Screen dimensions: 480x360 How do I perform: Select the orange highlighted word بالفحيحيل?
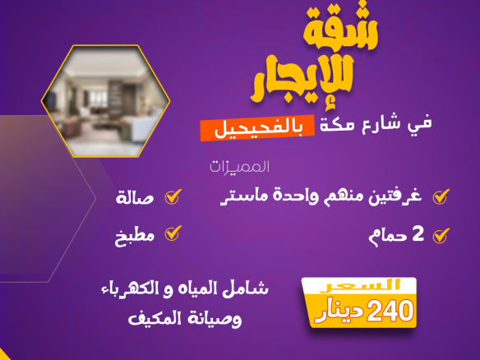(x=258, y=128)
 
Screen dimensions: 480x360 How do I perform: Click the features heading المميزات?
(x=239, y=167)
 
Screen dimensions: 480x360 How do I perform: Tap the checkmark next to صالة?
(x=173, y=196)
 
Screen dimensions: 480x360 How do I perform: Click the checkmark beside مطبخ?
(x=173, y=233)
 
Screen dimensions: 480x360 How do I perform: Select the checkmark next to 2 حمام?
(x=441, y=235)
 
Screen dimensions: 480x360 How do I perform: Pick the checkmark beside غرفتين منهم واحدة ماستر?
(x=441, y=196)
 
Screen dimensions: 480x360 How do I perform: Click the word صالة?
(x=135, y=198)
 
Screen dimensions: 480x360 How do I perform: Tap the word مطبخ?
(x=135, y=237)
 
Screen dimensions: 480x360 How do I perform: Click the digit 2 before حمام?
(x=418, y=234)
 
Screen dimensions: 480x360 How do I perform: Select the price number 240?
(x=390, y=312)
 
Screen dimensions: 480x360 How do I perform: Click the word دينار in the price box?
(x=339, y=312)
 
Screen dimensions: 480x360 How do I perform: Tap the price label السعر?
(x=360, y=286)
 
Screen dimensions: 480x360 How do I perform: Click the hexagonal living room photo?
(x=105, y=101)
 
